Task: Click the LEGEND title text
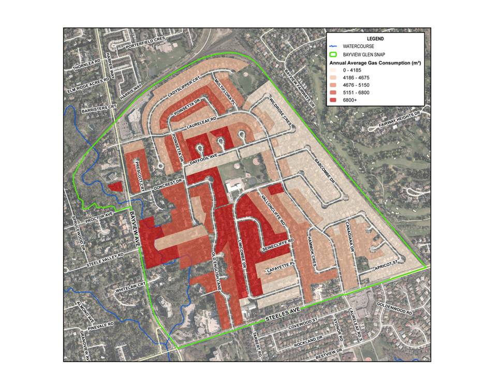(375, 39)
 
